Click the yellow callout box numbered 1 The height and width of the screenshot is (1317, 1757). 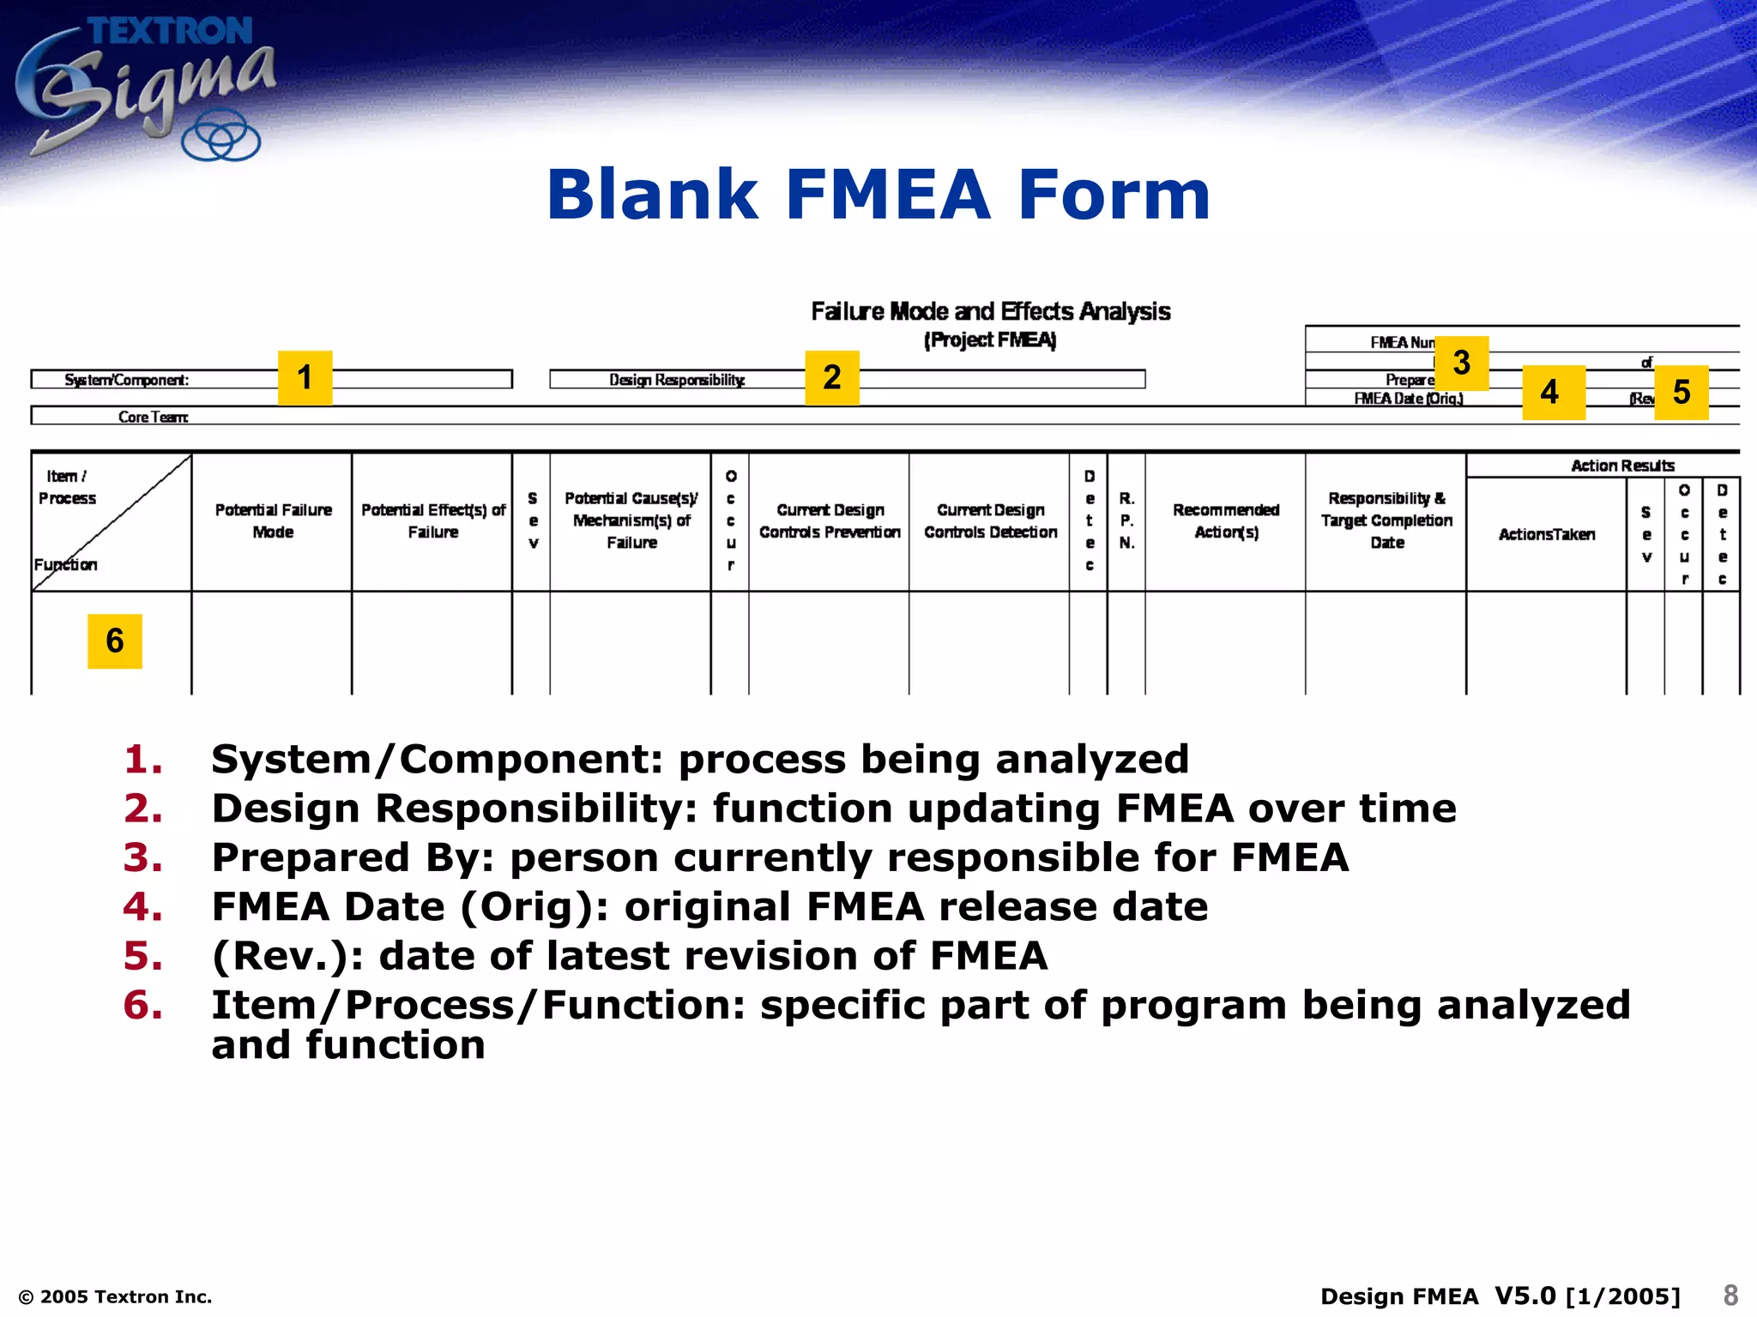click(x=305, y=377)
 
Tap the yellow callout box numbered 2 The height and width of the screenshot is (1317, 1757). click(x=831, y=377)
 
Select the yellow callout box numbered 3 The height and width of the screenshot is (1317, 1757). click(x=1461, y=363)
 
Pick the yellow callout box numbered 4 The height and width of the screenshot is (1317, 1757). click(x=1553, y=392)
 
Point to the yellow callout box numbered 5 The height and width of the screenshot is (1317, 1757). click(x=1681, y=392)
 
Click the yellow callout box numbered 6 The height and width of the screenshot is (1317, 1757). click(x=114, y=640)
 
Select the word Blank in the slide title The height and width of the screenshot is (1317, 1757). click(x=652, y=195)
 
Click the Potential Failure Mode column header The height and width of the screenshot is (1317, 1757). click(x=273, y=520)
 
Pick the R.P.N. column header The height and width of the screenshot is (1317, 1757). click(x=1126, y=520)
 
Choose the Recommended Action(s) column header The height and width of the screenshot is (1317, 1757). click(x=1226, y=520)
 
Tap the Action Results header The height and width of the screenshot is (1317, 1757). click(x=1621, y=466)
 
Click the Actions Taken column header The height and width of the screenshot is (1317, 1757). click(x=1546, y=534)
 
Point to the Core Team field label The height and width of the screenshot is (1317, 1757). click(x=153, y=417)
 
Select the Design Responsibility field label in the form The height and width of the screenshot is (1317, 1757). click(x=677, y=380)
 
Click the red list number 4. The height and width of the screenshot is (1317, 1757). click(x=142, y=907)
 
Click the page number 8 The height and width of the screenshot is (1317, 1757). click(x=1730, y=1295)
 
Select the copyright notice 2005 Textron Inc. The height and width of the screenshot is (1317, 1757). click(x=116, y=1296)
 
